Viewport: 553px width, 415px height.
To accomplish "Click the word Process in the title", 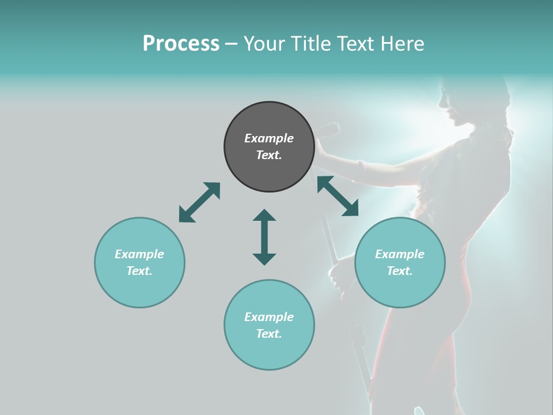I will tap(181, 43).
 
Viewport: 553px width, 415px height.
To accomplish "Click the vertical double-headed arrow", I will tap(264, 237).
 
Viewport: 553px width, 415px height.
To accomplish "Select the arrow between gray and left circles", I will tap(199, 202).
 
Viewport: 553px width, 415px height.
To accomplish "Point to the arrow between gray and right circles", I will tap(338, 196).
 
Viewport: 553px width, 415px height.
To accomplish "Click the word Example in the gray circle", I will tap(269, 138).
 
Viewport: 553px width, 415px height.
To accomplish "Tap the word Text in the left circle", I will tap(139, 271).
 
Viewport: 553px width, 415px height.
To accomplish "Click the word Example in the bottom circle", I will tap(269, 317).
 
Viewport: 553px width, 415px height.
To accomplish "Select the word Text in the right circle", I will tap(400, 271).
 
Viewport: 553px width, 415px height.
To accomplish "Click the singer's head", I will tap(467, 104).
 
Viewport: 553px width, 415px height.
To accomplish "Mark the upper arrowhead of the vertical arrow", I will tap(264, 216).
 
